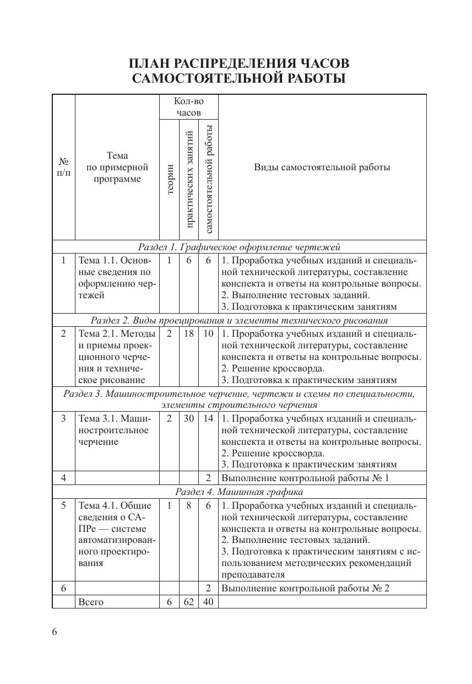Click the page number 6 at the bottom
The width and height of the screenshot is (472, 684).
point(55,632)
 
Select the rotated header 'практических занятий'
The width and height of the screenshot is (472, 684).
point(189,179)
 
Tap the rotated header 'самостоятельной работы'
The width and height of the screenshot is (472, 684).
point(209,179)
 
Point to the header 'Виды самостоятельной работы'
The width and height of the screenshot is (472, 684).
point(322,168)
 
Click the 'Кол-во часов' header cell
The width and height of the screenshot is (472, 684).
point(189,107)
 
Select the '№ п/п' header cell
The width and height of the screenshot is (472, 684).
point(64,168)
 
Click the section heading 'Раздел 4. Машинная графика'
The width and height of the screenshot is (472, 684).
point(239,492)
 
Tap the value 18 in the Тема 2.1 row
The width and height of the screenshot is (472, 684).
point(189,333)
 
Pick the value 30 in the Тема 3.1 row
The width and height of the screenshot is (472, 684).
point(189,418)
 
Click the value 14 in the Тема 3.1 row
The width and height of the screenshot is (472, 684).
point(208,418)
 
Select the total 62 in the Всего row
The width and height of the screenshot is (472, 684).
point(189,602)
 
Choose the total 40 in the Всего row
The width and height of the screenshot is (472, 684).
point(208,602)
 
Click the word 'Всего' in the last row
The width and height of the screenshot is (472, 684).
point(91,602)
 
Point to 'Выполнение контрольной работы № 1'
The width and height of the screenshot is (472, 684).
point(305,478)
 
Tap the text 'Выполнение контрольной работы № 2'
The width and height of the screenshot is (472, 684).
point(305,588)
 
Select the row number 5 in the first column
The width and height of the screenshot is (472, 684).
point(64,505)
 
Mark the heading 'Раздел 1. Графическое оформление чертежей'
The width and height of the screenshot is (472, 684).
point(239,247)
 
